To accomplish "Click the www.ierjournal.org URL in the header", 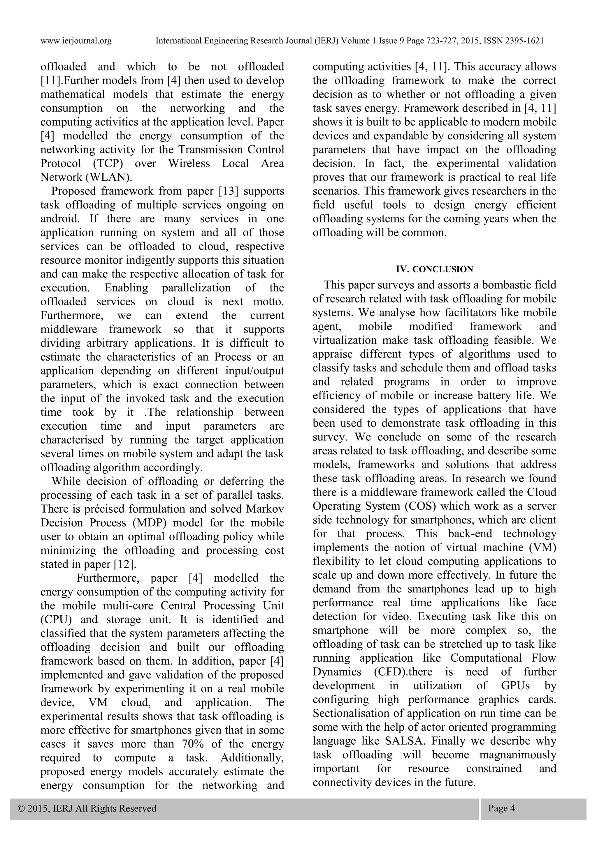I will point(76,41).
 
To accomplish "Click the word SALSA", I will point(405,741).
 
